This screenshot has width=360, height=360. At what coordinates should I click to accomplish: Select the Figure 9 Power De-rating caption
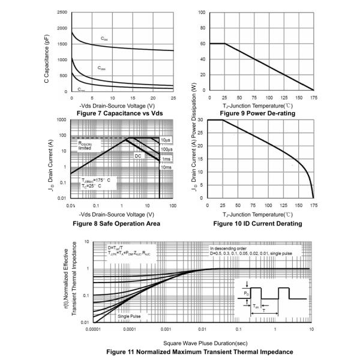[256, 113]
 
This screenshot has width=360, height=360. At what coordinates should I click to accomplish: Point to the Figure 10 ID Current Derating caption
[256, 223]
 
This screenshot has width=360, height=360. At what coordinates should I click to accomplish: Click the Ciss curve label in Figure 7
[104, 40]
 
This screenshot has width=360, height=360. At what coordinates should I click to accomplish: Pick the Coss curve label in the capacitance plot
[102, 68]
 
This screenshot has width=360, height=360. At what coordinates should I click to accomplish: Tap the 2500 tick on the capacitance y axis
[61, 13]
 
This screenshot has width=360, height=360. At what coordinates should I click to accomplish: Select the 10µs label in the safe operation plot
[164, 140]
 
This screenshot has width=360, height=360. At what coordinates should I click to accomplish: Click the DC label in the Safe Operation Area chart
[138, 155]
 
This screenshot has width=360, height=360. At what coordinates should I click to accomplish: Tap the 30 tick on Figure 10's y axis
[201, 120]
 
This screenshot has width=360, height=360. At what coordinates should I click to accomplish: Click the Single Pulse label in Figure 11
[130, 316]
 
